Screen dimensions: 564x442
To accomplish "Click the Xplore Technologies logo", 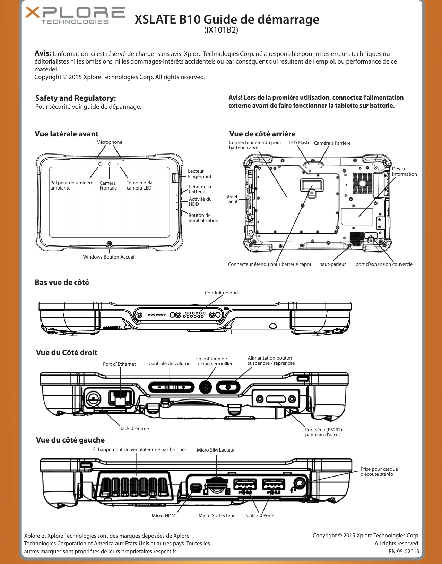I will (75, 16).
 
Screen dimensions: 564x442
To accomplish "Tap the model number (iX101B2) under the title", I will (221, 30).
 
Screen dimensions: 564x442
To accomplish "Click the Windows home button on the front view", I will (109, 243).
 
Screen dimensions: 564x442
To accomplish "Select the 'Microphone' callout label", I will (109, 142).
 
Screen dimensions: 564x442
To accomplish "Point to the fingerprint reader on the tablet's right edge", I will (174, 177).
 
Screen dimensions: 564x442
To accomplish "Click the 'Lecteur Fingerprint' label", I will (199, 174).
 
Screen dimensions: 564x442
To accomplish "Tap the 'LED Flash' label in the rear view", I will (298, 143).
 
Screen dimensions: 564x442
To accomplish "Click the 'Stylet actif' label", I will (232, 199).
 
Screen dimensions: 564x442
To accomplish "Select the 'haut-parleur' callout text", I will (332, 264).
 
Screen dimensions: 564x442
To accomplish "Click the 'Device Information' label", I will (404, 171).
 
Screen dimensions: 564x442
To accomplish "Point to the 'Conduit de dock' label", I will (222, 293).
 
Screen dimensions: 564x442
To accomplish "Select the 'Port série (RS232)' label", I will (323, 430).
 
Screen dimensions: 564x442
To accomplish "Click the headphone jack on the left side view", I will (300, 483).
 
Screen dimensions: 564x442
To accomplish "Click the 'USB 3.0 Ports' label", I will (260, 516).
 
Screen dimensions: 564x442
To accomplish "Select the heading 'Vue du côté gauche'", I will (70, 440).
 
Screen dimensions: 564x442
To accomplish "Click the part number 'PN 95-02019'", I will (404, 552).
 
